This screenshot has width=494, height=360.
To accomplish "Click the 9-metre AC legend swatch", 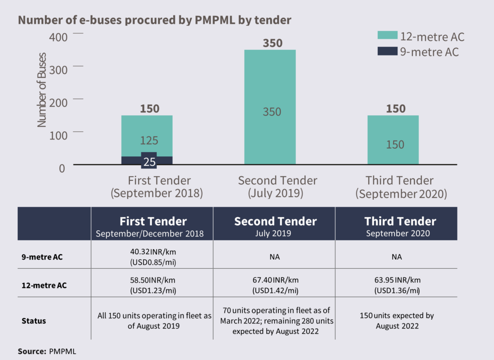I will click(x=387, y=51).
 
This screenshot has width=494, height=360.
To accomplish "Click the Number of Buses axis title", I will click(x=42, y=90).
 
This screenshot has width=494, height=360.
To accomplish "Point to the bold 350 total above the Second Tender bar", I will click(x=273, y=42).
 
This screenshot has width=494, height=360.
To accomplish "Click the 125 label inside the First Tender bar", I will click(x=150, y=140).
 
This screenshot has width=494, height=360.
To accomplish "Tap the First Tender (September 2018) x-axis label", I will click(x=159, y=187).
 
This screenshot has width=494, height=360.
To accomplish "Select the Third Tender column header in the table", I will click(x=400, y=225).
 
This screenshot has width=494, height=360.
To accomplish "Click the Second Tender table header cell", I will click(x=275, y=225).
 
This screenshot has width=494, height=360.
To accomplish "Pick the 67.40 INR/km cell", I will click(x=275, y=285).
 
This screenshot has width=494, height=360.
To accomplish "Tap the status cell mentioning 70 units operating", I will click(x=275, y=320).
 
